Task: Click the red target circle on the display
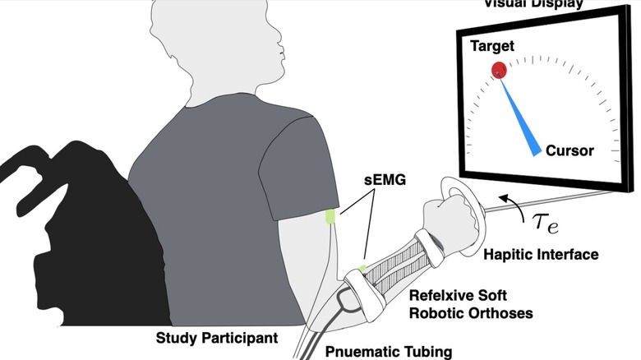(x=499, y=70)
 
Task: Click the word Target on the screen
(x=492, y=47)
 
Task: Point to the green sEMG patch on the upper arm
(x=330, y=217)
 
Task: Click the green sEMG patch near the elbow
(x=362, y=268)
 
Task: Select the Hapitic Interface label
(x=541, y=255)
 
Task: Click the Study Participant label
(x=215, y=338)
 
